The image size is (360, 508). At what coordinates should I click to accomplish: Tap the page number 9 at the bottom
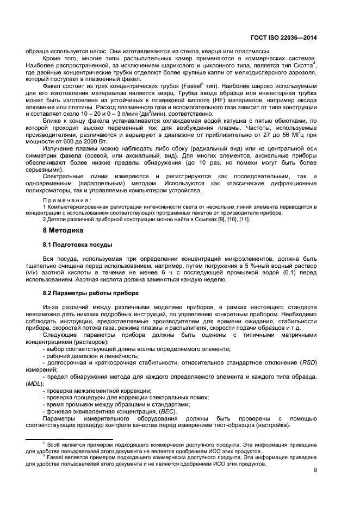click(315, 471)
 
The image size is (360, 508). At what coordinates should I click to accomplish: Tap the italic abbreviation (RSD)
click(307, 361)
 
